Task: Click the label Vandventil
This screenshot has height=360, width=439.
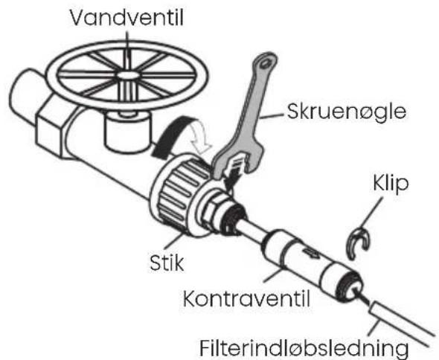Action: tap(126, 17)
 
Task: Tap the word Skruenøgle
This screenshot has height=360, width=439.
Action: tap(347, 112)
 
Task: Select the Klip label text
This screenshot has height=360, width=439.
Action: tap(391, 184)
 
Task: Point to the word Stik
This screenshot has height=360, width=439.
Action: tap(167, 263)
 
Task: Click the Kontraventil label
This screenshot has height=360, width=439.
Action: tap(246, 298)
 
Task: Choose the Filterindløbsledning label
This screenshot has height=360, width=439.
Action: tap(304, 348)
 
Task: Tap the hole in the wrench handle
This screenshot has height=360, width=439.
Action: tap(265, 64)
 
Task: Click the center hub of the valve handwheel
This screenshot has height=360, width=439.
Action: tap(128, 75)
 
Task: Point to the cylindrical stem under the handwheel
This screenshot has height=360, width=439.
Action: tap(127, 132)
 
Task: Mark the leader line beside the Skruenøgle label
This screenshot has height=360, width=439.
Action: tap(272, 116)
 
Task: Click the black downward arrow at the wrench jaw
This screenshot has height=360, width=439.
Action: tap(233, 176)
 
